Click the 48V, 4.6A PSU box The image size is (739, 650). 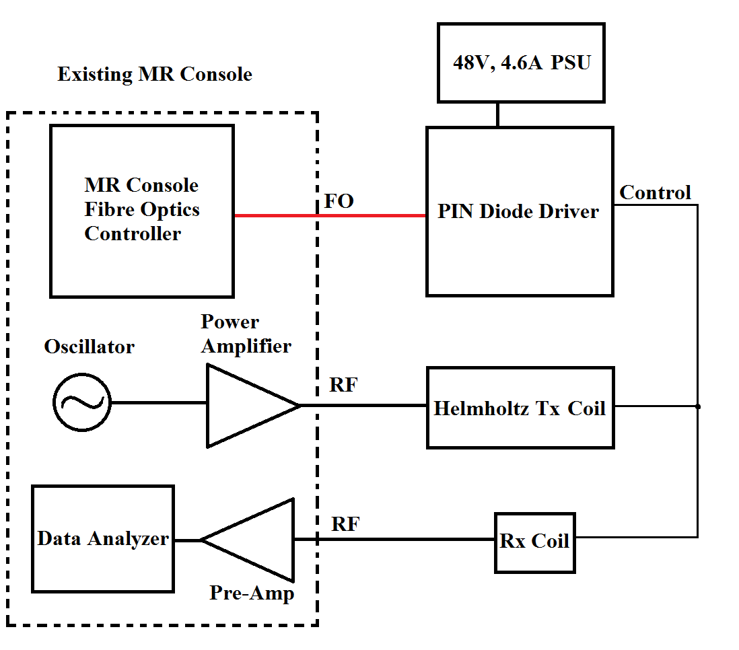click(521, 63)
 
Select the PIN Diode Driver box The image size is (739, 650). click(520, 211)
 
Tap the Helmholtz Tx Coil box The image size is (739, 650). click(520, 408)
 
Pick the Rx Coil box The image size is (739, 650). click(535, 543)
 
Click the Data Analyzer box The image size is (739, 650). click(103, 539)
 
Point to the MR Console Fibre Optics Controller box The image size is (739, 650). click(142, 211)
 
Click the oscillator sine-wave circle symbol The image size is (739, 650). click(82, 402)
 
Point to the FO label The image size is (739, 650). click(339, 201)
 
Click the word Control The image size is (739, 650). click(655, 193)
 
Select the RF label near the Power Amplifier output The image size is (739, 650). click(343, 386)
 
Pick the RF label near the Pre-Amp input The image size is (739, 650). click(346, 524)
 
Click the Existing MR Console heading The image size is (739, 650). click(155, 74)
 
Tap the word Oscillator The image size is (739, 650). click(90, 347)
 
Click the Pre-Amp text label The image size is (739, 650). click(252, 593)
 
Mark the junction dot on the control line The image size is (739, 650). click(698, 406)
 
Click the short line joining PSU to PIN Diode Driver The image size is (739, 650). click(497, 114)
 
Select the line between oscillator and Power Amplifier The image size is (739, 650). click(158, 403)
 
